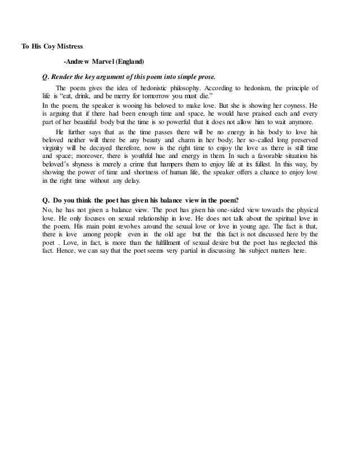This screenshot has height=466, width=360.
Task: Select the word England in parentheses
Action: point(128,61)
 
